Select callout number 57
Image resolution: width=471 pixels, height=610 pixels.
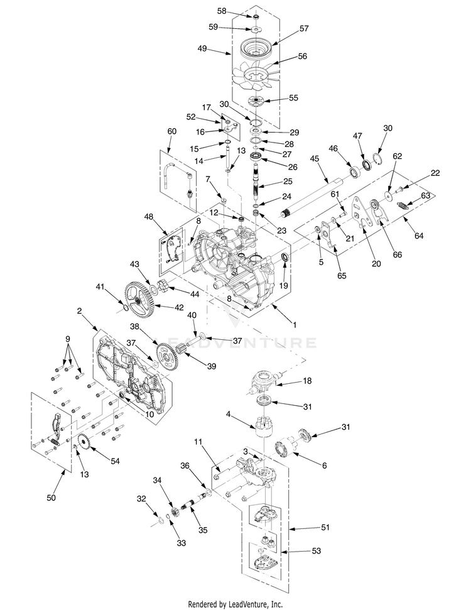pos(304,29)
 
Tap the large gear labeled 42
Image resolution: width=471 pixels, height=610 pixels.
pos(140,297)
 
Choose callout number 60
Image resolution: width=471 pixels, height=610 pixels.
pos(171,131)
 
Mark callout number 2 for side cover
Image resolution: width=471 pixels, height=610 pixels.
pos(80,311)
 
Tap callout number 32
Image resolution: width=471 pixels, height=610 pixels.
pos(142,498)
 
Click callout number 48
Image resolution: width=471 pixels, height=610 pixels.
pos(148,217)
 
